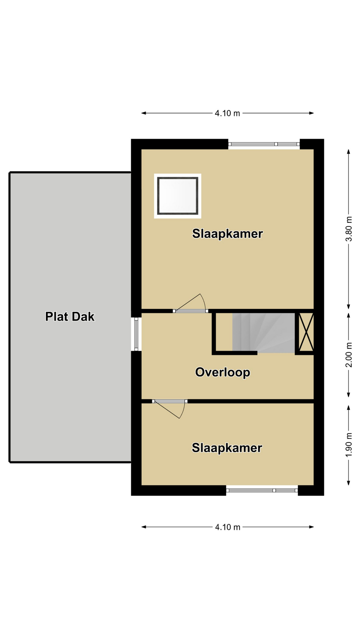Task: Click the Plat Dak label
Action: coord(70,316)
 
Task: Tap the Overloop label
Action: coord(223,372)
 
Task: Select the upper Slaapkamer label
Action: coord(228,233)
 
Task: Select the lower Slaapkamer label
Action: coord(227,448)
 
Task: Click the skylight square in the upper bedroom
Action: coord(178,196)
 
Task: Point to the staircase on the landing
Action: coord(263,333)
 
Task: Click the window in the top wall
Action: coord(264,144)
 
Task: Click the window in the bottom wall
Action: coord(262,490)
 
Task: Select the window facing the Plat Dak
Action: coord(136,334)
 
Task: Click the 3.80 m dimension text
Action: coord(349,229)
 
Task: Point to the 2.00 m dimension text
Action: coord(349,355)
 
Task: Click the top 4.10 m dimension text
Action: coord(227,113)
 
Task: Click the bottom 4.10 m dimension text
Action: coord(228,527)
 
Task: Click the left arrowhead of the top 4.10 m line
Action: coord(144,113)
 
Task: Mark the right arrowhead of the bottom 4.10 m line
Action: coord(312,527)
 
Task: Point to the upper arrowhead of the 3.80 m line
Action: coord(349,152)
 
